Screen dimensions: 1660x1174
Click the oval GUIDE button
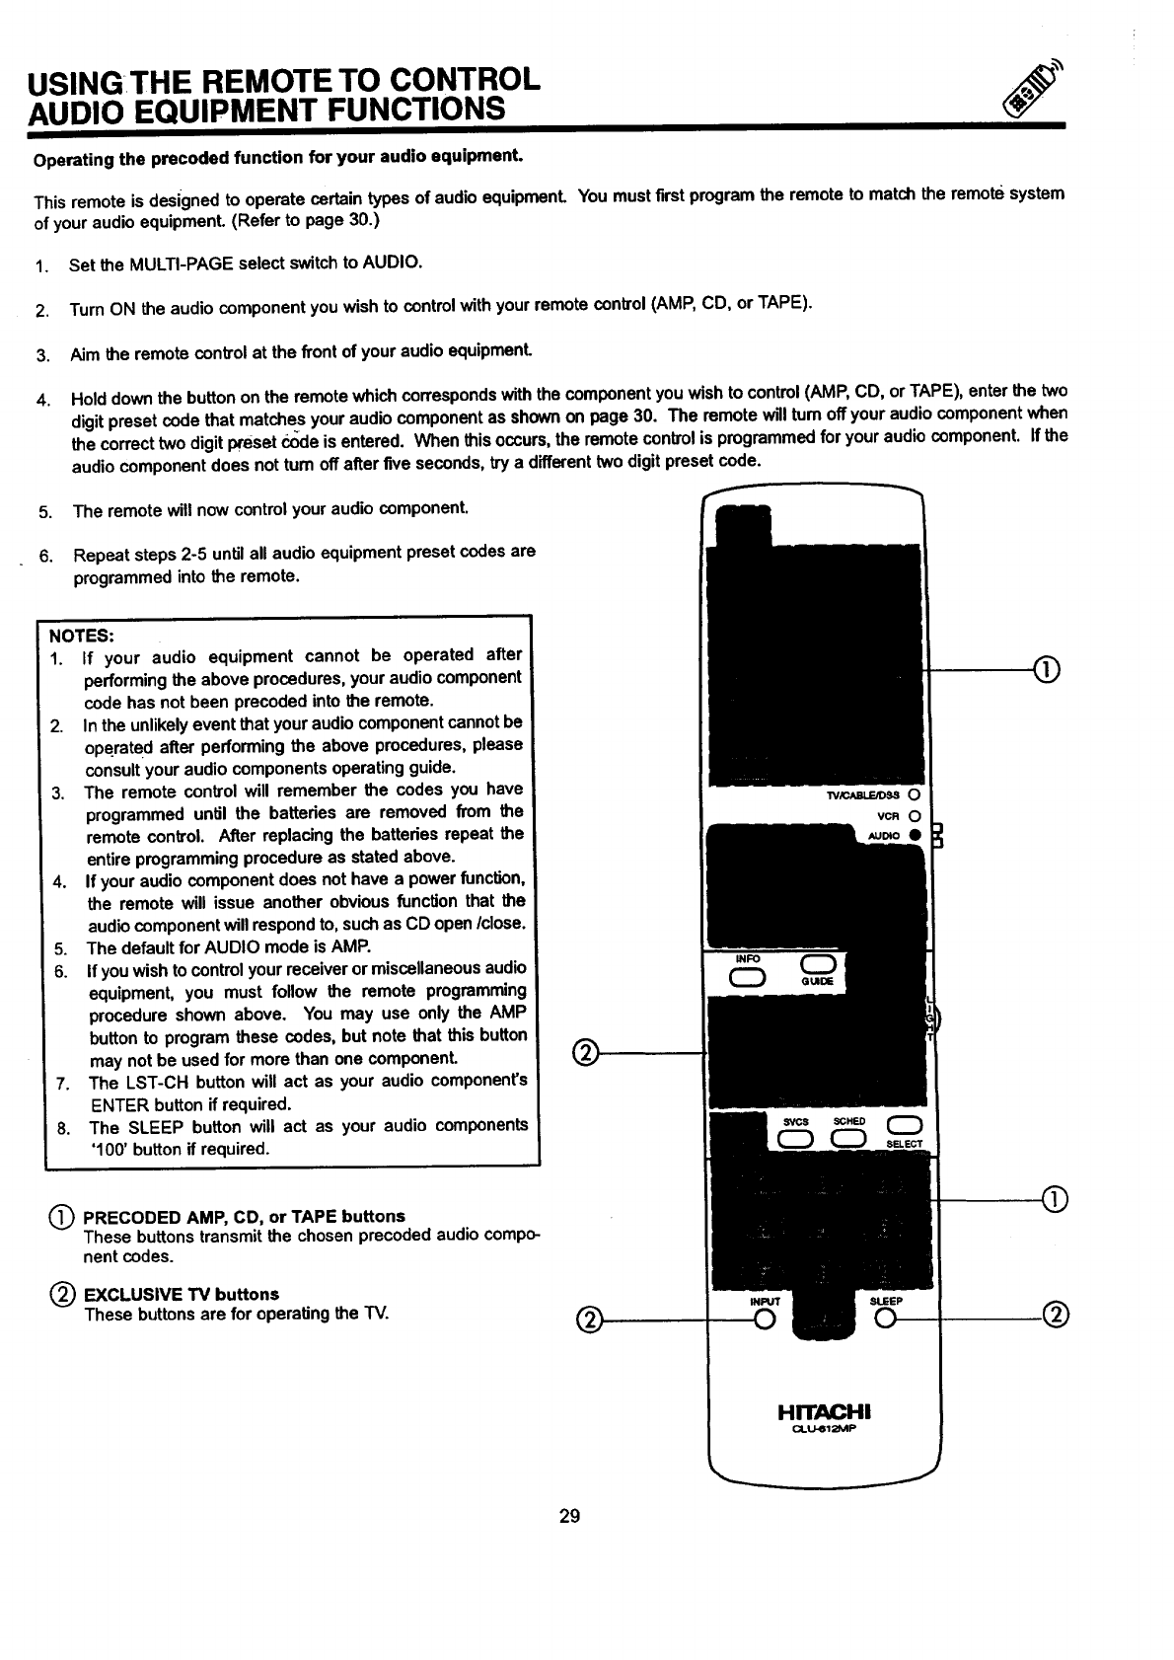coord(819,965)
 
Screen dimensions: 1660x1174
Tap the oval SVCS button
coord(794,1139)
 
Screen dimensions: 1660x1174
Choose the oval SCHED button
coord(848,1139)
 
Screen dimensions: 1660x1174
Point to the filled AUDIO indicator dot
coord(915,836)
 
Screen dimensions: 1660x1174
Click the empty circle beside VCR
coord(915,815)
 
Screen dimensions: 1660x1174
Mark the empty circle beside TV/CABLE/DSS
coord(915,794)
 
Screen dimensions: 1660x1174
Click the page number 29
coord(569,1515)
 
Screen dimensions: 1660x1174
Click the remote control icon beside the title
coord(1030,91)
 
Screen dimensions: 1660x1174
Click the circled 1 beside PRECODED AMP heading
coord(68,1216)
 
